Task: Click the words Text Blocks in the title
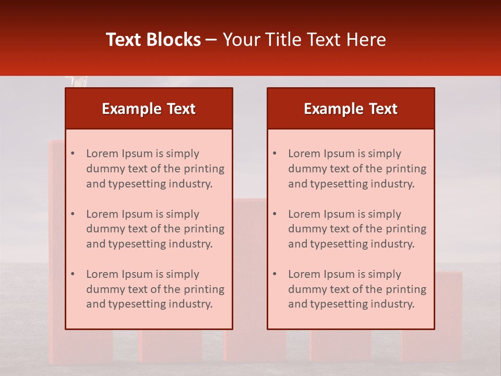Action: pos(153,40)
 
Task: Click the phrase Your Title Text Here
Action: pos(304,40)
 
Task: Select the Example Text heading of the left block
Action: pos(149,109)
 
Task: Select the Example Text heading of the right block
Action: pos(351,109)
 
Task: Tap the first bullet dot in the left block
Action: pos(73,154)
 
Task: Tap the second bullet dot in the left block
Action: pos(73,214)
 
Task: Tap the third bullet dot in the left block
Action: pos(73,274)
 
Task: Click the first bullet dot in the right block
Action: pos(275,154)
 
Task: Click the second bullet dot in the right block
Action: pos(275,214)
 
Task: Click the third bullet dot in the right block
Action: pos(275,274)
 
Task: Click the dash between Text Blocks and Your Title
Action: pos(211,40)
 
